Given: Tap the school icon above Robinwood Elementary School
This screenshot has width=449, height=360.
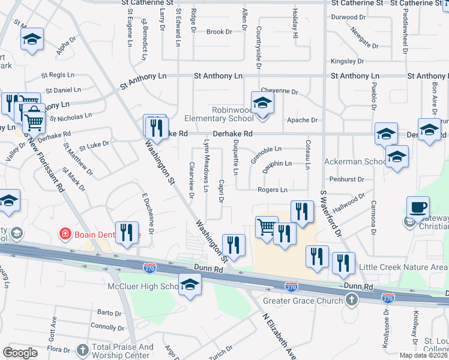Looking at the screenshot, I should (262, 103).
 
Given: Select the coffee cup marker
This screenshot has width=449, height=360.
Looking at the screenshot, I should (418, 208).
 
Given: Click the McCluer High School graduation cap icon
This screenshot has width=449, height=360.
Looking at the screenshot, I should (190, 284).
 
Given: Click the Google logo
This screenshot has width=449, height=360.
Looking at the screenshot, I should (19, 353).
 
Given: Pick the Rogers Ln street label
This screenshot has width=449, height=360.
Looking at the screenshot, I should (273, 190).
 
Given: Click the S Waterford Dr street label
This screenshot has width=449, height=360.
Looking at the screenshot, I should (330, 213).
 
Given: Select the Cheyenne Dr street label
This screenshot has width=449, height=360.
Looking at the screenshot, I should (279, 91).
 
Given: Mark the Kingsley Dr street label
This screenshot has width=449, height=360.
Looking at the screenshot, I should (348, 61).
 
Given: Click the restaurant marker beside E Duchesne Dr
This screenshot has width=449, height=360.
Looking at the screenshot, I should (126, 233).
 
